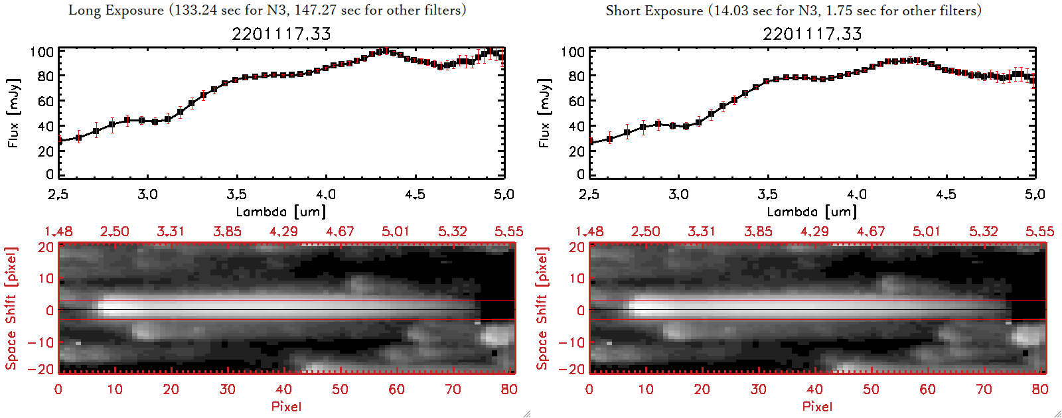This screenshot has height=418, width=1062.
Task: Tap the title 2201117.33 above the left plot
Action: click(x=281, y=34)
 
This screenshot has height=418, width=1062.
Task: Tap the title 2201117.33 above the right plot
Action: click(x=812, y=34)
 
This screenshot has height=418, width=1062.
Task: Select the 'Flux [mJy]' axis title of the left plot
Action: click(x=13, y=113)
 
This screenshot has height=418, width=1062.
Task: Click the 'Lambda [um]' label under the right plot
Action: click(x=812, y=212)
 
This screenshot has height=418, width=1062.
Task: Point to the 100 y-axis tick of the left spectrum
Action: click(x=42, y=52)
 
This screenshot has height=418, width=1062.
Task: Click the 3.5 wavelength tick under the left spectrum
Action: click(x=236, y=194)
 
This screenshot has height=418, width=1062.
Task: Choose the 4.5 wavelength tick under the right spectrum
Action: click(x=946, y=194)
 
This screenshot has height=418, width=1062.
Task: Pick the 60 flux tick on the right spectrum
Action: click(x=576, y=102)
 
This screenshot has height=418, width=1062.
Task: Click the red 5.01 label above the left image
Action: click(x=396, y=232)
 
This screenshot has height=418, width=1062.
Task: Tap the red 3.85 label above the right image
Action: click(x=758, y=232)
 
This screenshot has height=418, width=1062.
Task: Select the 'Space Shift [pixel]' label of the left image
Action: click(x=11, y=309)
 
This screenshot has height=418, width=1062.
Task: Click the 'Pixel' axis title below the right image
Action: click(x=817, y=406)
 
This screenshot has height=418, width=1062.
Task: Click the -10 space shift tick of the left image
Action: click(x=41, y=342)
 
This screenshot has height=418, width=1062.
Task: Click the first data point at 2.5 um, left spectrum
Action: click(x=59, y=141)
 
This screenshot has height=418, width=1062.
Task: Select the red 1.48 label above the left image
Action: click(x=58, y=232)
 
